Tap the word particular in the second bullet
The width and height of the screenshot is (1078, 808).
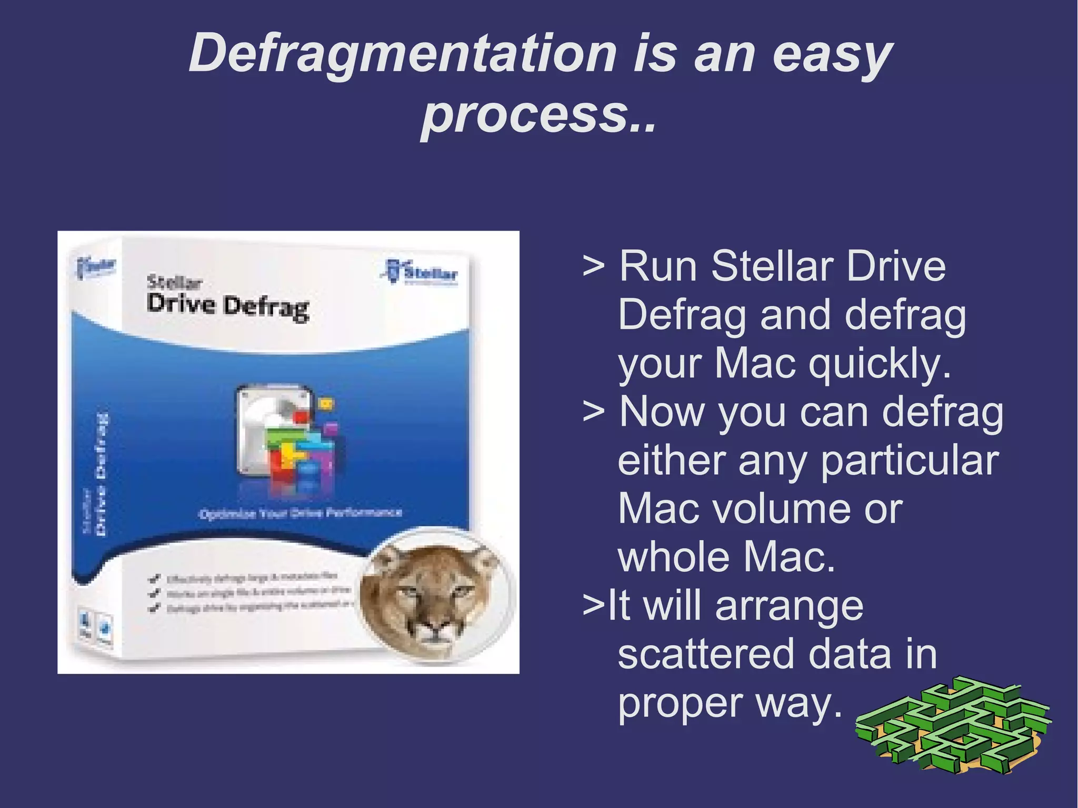pos(909,461)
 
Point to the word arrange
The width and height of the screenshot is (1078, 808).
pos(789,606)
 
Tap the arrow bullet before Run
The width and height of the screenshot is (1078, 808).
pos(593,266)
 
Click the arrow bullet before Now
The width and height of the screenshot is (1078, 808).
pos(593,412)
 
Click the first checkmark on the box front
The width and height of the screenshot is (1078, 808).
pos(155,579)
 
